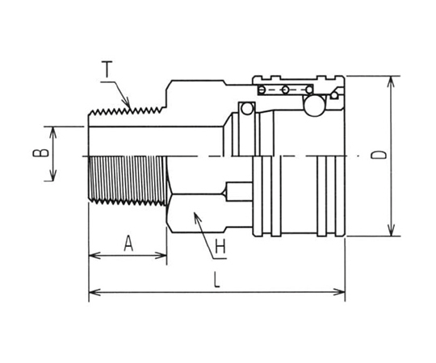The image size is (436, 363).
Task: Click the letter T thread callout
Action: click(x=107, y=69)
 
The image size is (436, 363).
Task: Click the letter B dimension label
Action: click(x=40, y=153)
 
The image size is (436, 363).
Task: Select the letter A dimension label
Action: click(x=128, y=244)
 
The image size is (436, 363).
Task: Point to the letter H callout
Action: click(x=220, y=246)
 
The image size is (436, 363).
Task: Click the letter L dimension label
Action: click(x=216, y=279)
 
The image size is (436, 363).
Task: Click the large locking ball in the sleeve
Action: click(x=315, y=106)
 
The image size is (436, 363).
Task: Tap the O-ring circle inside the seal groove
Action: click(x=247, y=109)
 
